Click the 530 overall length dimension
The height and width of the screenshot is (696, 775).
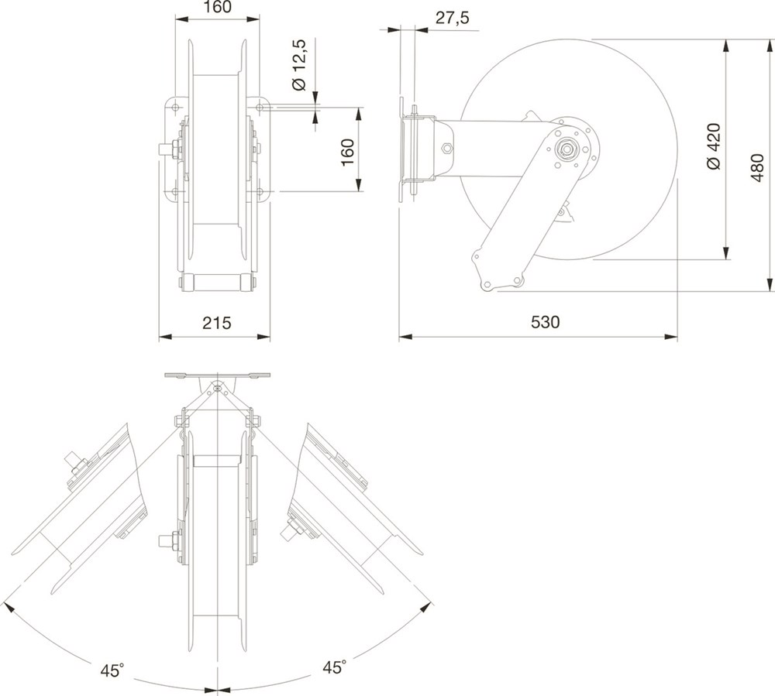(545, 322)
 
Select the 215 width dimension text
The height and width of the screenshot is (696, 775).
(216, 323)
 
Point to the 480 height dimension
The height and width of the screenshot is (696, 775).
(757, 168)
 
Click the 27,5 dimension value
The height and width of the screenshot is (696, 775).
(453, 19)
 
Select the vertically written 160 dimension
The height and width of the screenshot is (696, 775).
(347, 153)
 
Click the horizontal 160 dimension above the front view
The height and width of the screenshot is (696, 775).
(217, 7)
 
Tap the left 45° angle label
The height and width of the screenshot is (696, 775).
(112, 670)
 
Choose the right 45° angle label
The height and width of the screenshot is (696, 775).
(335, 667)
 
